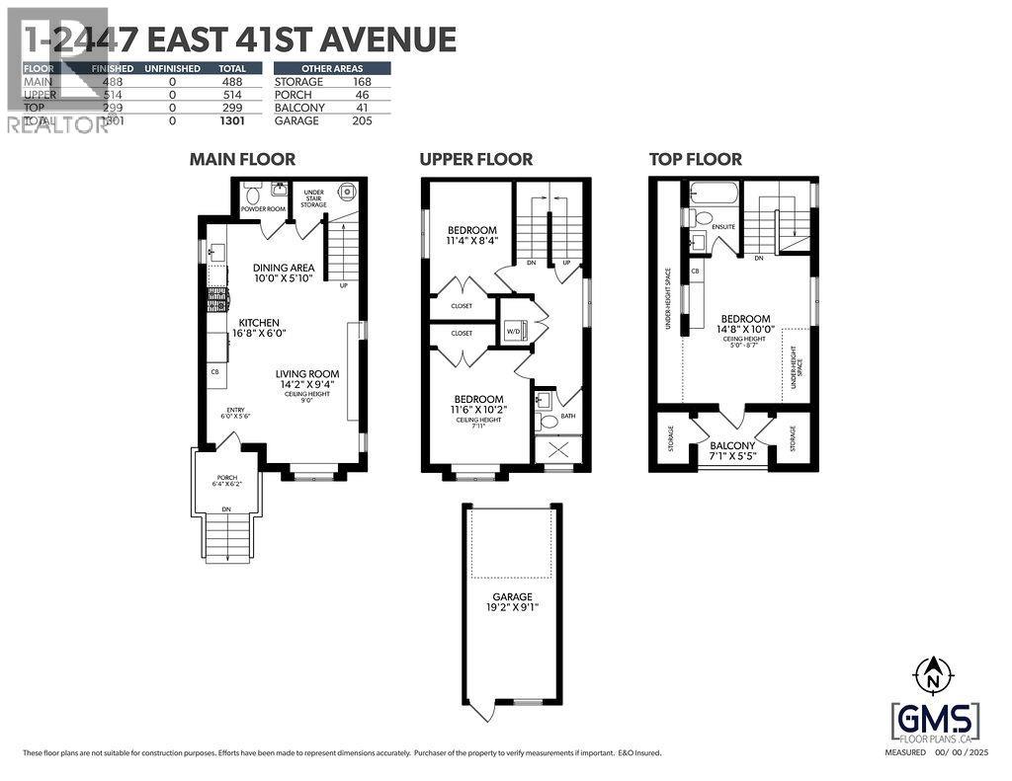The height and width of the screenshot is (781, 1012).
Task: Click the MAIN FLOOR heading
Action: pyautogui.click(x=242, y=159)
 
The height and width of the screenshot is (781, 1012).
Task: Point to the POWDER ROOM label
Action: pyautogui.click(x=264, y=208)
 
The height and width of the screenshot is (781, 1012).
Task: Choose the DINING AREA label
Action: pyautogui.click(x=284, y=273)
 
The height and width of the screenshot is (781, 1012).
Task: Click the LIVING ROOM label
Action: pyautogui.click(x=307, y=379)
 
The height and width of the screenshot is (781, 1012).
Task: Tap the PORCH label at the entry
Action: pyautogui.click(x=227, y=482)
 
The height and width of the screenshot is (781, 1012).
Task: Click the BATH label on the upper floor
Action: pyautogui.click(x=568, y=416)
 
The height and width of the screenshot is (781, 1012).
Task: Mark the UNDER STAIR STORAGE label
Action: pyautogui.click(x=313, y=197)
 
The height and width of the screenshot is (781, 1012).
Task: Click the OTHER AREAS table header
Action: pyautogui.click(x=332, y=68)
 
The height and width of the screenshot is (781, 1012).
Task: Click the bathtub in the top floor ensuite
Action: pyautogui.click(x=711, y=192)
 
